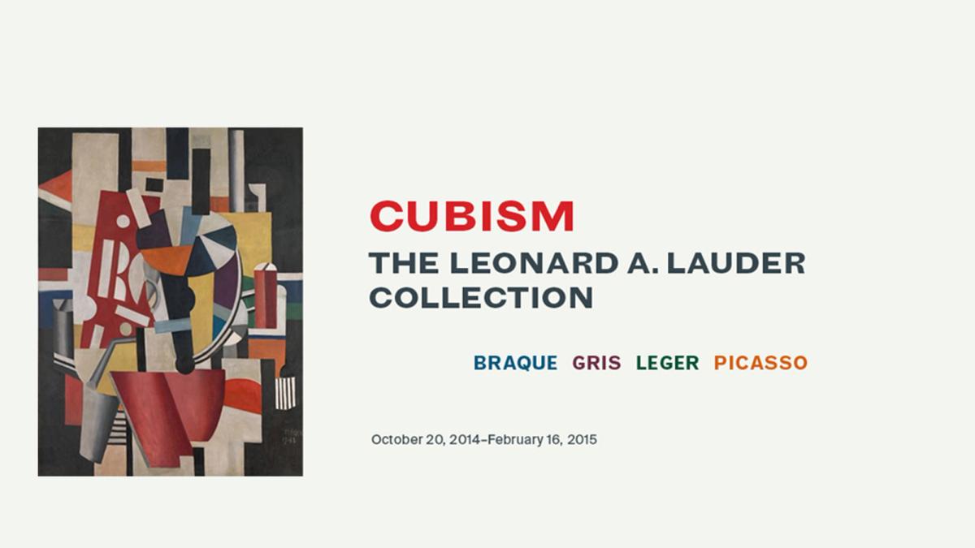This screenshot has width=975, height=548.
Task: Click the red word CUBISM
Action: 472,217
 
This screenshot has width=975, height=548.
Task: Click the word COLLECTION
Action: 481,297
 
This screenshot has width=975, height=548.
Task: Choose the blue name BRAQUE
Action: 515,363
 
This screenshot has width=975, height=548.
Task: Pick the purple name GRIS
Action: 596,363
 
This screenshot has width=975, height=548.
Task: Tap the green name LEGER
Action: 667,363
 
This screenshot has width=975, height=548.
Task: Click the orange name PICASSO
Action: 760,363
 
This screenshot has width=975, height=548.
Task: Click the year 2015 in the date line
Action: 582,439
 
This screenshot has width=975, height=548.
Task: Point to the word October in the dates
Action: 398,439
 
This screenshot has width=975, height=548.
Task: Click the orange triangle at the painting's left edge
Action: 56,188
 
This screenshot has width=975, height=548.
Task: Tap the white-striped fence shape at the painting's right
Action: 285,393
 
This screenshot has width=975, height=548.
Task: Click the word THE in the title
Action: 399,263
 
